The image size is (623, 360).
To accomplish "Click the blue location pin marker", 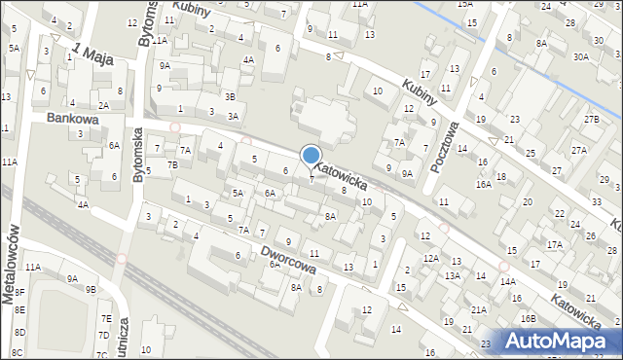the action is point(311,157).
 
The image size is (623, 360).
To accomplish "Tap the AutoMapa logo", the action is point(559,341).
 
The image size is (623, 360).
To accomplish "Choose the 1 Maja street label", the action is point(94,54).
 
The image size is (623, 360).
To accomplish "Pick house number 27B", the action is point(591,119).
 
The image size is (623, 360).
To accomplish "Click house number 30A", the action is point(581,57).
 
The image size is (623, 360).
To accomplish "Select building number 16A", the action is point(484,184).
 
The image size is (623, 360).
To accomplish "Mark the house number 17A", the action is point(554,244).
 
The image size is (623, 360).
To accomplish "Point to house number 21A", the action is point(479,310).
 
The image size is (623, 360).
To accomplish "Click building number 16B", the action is point(527,318).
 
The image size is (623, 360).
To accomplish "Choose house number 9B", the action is point(91,289).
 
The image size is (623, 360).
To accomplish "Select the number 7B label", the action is point(172,164).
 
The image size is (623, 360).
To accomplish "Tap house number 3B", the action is point(230,96).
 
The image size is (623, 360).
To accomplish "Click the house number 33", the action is point(595,201).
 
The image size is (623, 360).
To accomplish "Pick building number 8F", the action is point(19,306).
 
